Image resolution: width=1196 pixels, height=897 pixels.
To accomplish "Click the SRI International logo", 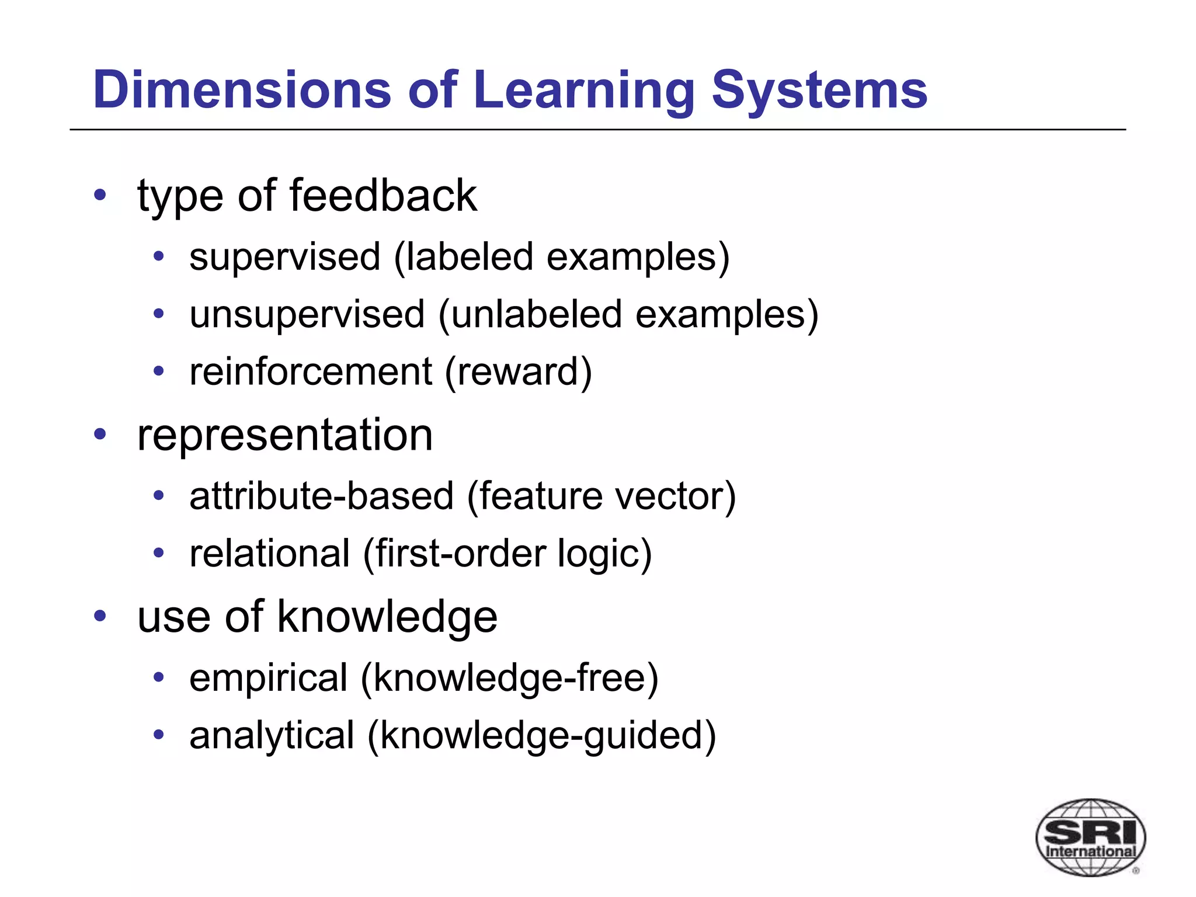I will (x=1090, y=836).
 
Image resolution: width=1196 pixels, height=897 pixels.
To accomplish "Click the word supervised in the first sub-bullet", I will (x=285, y=257).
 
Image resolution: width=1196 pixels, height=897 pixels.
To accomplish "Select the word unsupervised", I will (x=307, y=314).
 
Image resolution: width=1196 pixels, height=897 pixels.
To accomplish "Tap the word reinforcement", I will (x=311, y=371).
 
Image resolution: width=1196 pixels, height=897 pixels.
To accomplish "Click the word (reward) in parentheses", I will (x=519, y=371).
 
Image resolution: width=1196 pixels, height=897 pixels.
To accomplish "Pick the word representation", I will (x=285, y=435).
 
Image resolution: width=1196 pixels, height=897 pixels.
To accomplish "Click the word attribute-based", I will (x=321, y=496).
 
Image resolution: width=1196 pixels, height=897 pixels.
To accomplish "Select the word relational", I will (x=270, y=553).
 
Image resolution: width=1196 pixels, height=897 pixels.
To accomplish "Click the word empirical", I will (x=269, y=678).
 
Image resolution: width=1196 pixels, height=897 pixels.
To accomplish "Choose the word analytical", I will (x=272, y=735).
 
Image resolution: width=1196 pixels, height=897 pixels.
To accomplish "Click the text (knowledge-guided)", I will (x=541, y=735).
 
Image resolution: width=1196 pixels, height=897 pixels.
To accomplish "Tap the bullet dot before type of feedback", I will (x=100, y=195).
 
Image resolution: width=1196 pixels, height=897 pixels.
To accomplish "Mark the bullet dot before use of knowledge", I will (x=100, y=616).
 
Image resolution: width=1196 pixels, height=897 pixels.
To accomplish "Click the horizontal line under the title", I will (x=598, y=130).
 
